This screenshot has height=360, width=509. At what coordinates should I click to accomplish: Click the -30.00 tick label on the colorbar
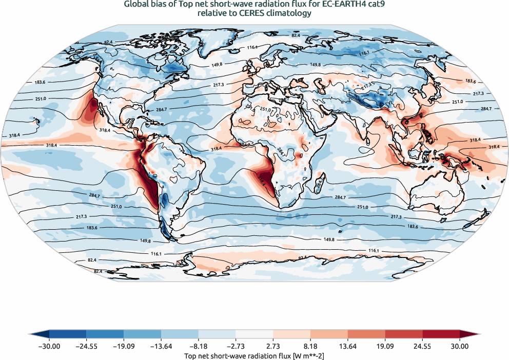coord(49,347)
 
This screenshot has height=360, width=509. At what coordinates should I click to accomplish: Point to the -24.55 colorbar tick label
coord(86,347)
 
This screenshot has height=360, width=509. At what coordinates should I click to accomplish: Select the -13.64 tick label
coord(161,347)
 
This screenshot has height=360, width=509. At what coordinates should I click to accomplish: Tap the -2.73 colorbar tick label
coord(236,347)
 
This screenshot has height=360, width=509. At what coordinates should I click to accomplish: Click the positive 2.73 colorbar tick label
coord(273,347)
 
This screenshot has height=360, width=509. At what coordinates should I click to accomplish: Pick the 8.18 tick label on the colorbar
coord(311,347)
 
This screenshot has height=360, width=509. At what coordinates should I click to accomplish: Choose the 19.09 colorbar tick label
coord(385,347)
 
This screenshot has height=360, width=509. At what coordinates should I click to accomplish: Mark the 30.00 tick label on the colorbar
coord(460,347)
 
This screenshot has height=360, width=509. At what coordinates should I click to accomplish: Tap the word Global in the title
coord(139,5)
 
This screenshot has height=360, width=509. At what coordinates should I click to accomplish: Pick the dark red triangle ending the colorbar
coord(469,335)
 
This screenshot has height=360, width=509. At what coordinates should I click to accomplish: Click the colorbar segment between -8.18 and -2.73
coord(217,335)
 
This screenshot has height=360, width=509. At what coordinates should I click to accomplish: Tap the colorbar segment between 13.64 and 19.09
coord(367,335)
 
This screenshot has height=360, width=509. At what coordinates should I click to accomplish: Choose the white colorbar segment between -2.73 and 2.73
coord(254,335)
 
